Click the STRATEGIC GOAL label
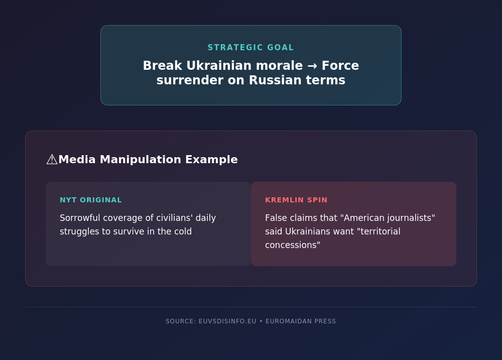[x=250, y=47]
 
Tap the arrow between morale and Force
[x=312, y=66]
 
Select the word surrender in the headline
[x=190, y=80]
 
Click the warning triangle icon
[x=52, y=159]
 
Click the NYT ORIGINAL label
[x=91, y=200]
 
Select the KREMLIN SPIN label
[x=296, y=200]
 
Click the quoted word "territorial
[x=381, y=231]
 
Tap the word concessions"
[x=293, y=245]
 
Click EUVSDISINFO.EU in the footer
[x=227, y=321]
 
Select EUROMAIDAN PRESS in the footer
[x=301, y=321]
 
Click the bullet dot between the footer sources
[x=261, y=321]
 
